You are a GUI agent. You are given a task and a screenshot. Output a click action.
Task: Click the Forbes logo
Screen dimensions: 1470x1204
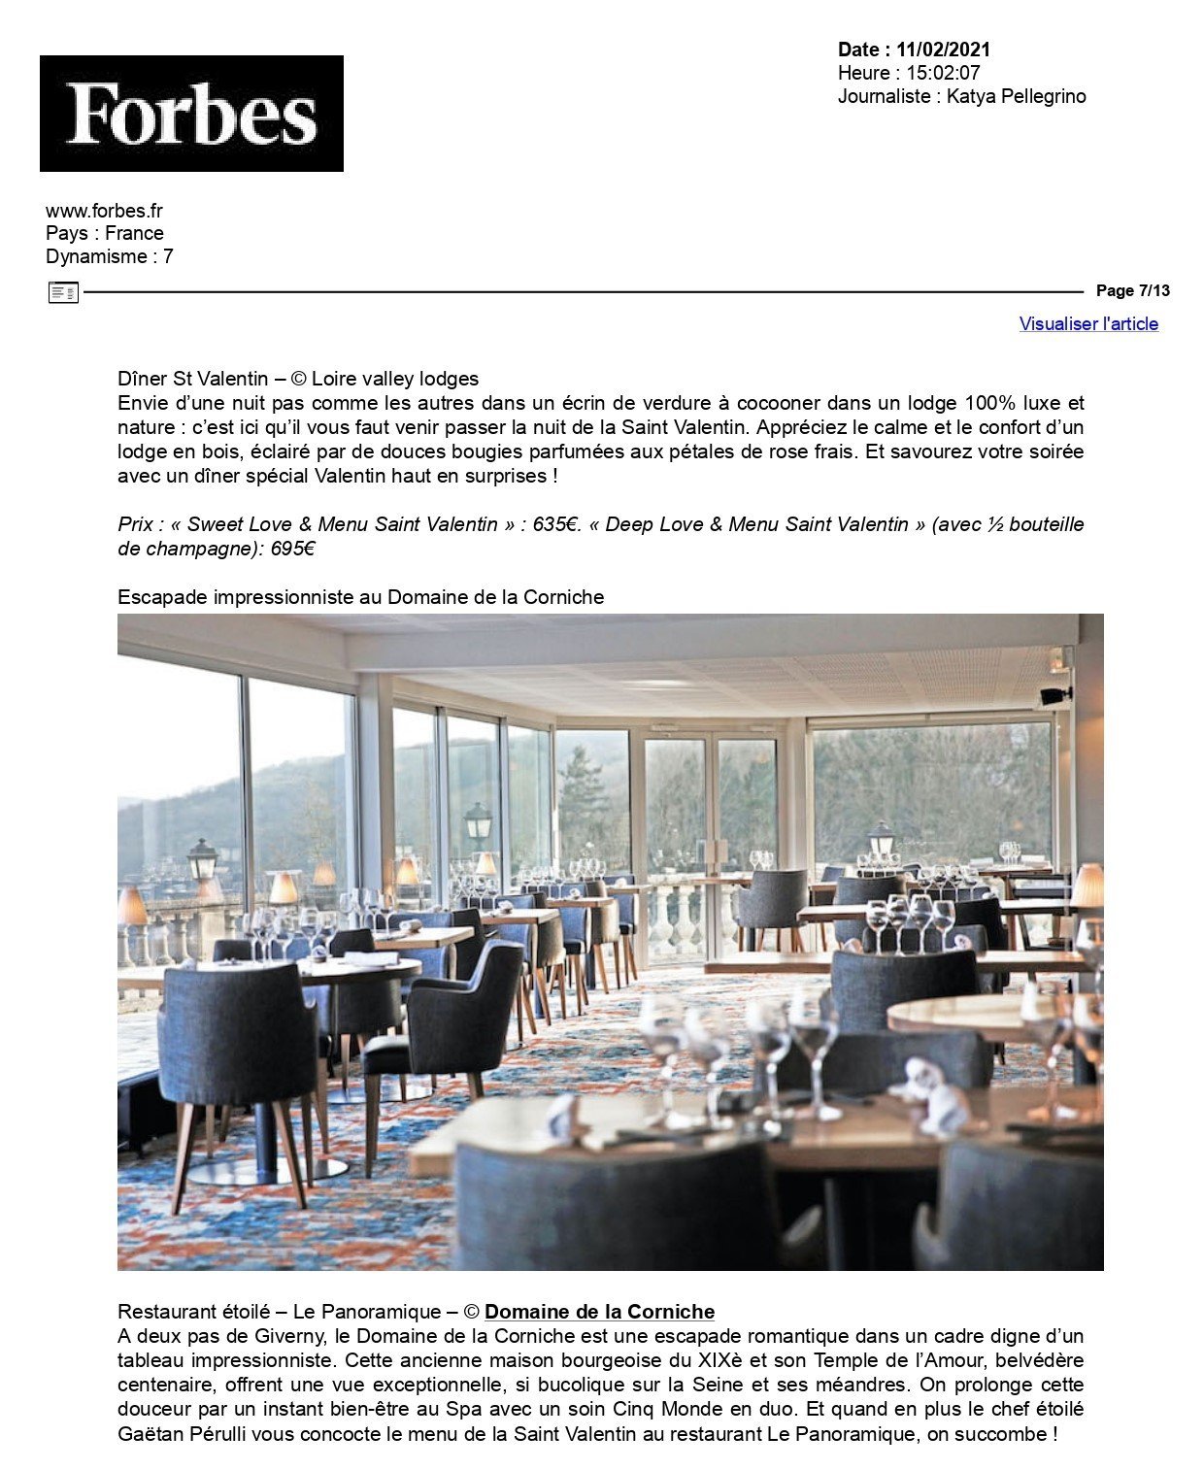[x=191, y=114]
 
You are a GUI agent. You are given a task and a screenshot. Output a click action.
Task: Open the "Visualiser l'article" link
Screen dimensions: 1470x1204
[x=1088, y=324]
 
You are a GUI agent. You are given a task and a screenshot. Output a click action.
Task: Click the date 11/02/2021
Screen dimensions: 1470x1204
[x=943, y=50]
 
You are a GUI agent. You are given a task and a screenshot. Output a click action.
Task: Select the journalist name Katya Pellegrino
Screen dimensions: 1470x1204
[x=1016, y=96]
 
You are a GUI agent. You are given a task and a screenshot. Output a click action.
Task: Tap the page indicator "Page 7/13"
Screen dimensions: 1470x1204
[x=1132, y=291]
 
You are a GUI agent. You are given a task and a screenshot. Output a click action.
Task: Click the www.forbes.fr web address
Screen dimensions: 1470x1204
[x=104, y=211]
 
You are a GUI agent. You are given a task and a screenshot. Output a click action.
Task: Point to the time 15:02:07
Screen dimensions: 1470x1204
[x=943, y=73]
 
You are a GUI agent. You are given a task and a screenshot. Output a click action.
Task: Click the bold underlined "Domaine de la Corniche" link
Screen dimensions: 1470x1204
[x=599, y=1313]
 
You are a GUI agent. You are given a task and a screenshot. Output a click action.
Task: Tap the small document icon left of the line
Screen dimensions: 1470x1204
[x=63, y=292]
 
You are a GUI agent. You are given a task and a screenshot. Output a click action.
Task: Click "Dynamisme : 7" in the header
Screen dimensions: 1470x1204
[x=110, y=257]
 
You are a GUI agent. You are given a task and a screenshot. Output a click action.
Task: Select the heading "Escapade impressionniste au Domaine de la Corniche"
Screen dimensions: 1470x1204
[x=360, y=597]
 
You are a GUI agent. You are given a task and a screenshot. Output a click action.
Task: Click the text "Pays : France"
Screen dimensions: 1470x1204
[x=105, y=234]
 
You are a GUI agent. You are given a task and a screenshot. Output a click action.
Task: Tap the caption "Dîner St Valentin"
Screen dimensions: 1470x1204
[x=192, y=379]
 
